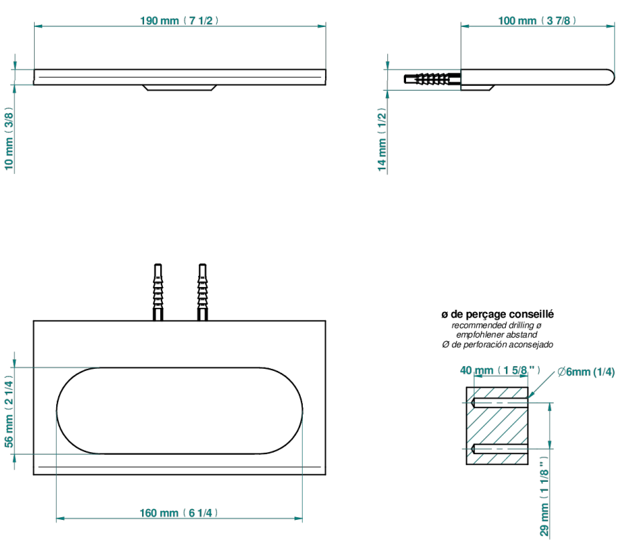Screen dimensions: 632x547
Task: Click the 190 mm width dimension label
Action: [179, 21]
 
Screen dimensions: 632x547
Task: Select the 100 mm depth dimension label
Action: [537, 21]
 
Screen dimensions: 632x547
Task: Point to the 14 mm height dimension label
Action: [382, 139]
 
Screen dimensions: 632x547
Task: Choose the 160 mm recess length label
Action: [179, 513]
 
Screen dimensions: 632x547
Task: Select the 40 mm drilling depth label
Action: [500, 370]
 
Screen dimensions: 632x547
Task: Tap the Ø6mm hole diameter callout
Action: [586, 372]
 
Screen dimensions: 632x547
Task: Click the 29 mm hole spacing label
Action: [545, 496]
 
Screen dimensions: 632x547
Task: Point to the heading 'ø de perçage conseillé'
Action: [498, 314]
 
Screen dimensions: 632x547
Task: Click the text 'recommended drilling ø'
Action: [496, 325]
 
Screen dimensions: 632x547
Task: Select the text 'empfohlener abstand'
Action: [497, 335]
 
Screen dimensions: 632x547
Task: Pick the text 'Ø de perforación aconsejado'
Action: [498, 345]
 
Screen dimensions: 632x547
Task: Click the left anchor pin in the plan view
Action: [158, 293]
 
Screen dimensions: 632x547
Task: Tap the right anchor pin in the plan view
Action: [202, 293]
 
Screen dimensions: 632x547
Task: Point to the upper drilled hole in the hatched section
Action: [500, 402]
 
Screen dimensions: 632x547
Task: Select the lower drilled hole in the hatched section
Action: [500, 449]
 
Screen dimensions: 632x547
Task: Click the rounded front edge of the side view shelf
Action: [610, 77]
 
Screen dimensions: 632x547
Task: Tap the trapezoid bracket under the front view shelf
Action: [179, 87]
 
